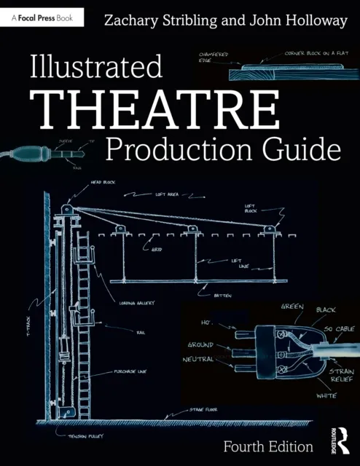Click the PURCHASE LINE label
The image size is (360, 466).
click(x=133, y=371)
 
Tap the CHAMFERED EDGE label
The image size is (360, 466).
click(x=212, y=58)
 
